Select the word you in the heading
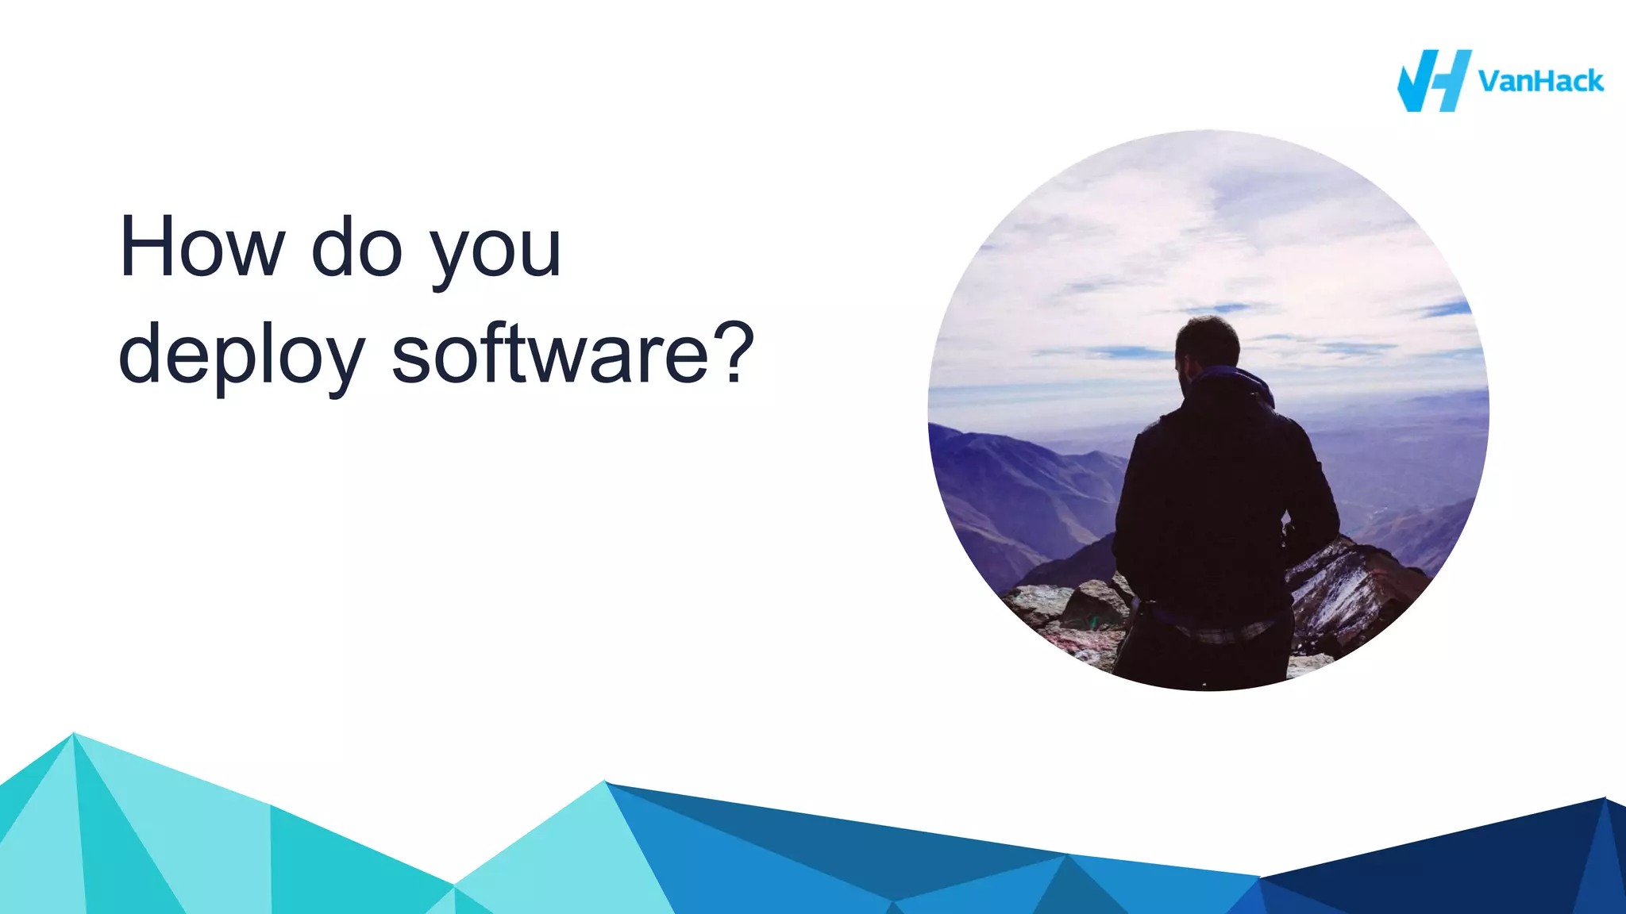tap(495, 252)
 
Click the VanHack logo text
tap(1540, 81)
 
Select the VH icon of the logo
tap(1433, 81)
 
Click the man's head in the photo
tap(1207, 345)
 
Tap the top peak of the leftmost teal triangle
tap(73, 734)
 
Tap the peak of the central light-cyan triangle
tap(605, 783)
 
